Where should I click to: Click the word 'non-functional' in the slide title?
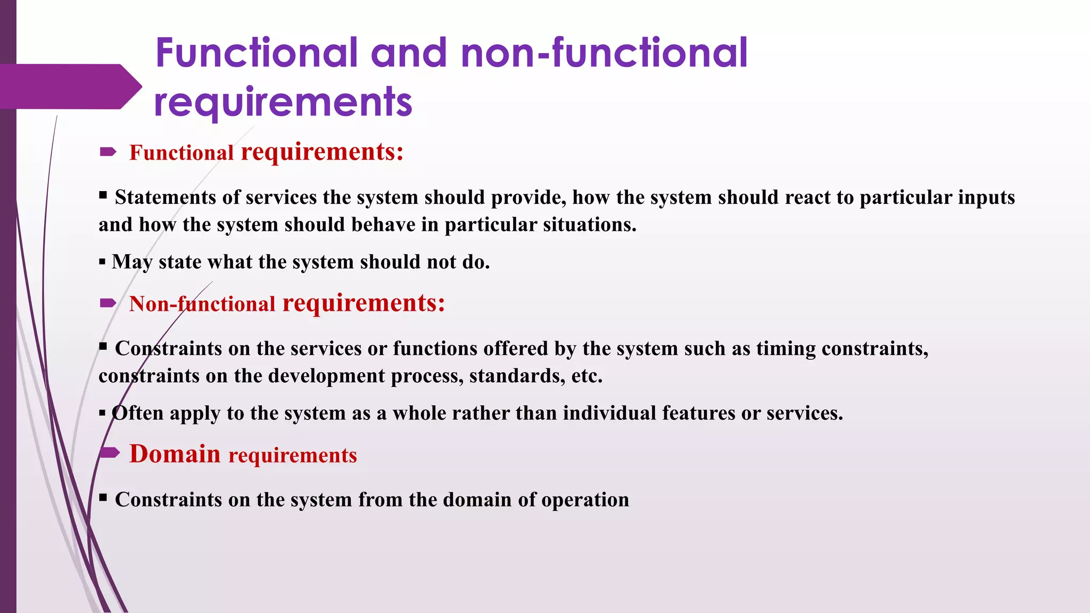(604, 53)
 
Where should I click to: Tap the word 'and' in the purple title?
(409, 53)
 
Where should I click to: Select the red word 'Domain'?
(175, 454)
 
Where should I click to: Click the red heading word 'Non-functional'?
(202, 304)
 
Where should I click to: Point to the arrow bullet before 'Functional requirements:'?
(108, 153)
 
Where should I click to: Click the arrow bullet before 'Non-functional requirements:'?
(108, 303)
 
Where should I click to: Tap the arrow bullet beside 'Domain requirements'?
(110, 453)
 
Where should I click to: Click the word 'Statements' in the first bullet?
(166, 197)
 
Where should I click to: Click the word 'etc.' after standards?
(587, 376)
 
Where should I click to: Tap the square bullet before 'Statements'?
(103, 195)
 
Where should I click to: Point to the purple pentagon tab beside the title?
(69, 86)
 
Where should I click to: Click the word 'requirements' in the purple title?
(283, 102)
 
